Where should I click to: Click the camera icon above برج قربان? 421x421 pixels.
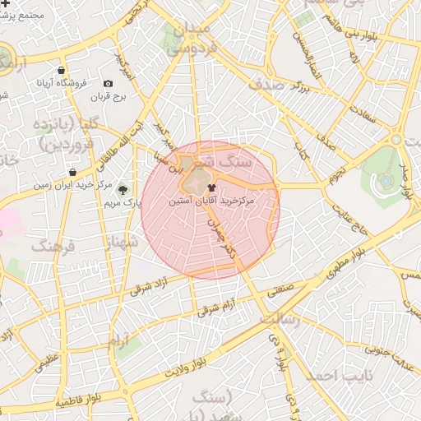click(x=108, y=84)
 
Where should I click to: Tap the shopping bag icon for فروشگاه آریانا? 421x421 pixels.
click(x=62, y=71)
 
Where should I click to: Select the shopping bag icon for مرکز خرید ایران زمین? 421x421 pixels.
click(x=73, y=173)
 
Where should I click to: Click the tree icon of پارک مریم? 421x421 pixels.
click(x=123, y=190)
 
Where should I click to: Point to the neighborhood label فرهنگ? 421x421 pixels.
click(x=53, y=246)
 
